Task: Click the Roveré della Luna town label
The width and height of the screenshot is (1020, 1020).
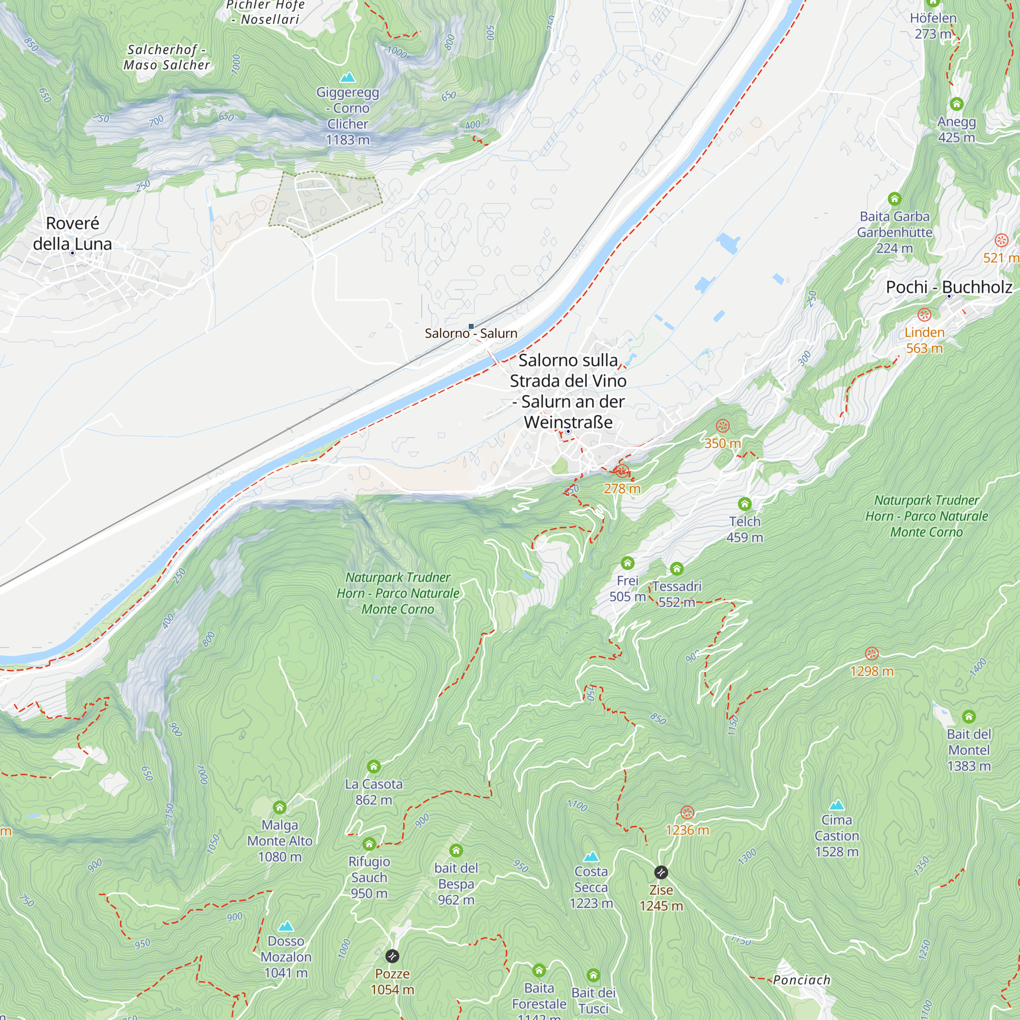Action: pyautogui.click(x=72, y=234)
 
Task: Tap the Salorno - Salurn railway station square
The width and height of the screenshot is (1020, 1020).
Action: pyautogui.click(x=471, y=326)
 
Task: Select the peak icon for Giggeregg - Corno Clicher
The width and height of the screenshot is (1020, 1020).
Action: pyautogui.click(x=347, y=78)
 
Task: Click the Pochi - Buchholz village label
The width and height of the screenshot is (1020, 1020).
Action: pyautogui.click(x=949, y=287)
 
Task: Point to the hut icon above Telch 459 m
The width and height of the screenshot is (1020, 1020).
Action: pyautogui.click(x=745, y=504)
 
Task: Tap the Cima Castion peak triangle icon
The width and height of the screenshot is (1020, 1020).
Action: pyautogui.click(x=836, y=805)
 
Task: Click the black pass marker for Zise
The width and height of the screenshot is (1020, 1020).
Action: pyautogui.click(x=661, y=872)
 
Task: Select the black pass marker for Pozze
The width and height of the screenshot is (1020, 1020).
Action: pyautogui.click(x=392, y=956)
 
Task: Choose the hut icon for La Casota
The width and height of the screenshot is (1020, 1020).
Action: pyautogui.click(x=374, y=766)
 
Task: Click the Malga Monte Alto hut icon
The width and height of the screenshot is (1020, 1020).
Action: pyautogui.click(x=280, y=807)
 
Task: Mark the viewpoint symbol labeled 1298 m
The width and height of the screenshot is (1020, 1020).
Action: pyautogui.click(x=872, y=654)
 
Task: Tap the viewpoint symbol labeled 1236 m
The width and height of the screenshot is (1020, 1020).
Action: pyautogui.click(x=687, y=812)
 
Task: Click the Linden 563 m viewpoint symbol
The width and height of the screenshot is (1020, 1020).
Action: pyautogui.click(x=924, y=315)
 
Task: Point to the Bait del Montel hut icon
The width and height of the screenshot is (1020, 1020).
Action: pyautogui.click(x=969, y=717)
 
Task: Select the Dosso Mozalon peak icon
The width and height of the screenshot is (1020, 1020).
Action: pyautogui.click(x=286, y=926)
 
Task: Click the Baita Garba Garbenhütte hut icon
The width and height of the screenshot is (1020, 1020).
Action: pyautogui.click(x=895, y=199)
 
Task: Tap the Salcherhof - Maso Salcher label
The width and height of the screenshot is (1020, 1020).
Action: pyautogui.click(x=167, y=58)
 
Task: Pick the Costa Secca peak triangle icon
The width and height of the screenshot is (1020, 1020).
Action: pyautogui.click(x=591, y=856)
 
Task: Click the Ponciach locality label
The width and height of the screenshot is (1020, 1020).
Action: pyautogui.click(x=801, y=980)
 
